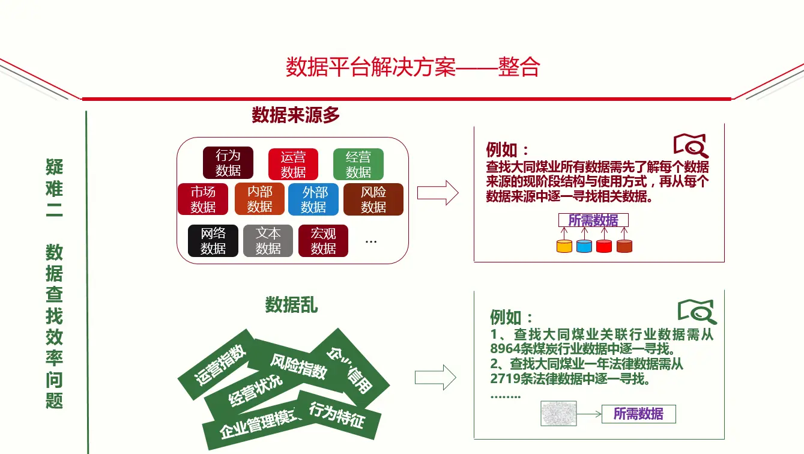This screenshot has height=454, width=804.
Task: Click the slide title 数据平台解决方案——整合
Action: coord(413,67)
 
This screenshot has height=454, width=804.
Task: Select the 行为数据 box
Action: coord(228,163)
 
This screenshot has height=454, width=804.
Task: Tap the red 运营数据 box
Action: coord(293,165)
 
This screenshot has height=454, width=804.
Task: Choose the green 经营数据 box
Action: coord(358,165)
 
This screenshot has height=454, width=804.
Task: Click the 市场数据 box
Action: coord(203,199)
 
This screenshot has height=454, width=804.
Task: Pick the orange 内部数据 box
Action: coord(259,199)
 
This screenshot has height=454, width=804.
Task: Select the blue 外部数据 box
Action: coord(313,199)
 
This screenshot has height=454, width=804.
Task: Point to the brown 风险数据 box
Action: coord(373,199)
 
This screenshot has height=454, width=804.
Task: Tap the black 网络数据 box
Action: coord(213,241)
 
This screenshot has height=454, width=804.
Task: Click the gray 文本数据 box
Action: coord(268,241)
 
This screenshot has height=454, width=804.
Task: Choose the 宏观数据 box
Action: coord(323,241)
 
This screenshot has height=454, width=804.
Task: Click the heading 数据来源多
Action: coord(295,115)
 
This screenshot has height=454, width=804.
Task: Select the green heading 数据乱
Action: coord(291,305)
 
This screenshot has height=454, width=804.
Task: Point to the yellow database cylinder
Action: coord(564,246)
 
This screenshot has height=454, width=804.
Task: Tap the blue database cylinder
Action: coord(584,246)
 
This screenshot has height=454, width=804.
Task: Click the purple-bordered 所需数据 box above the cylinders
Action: coord(593,220)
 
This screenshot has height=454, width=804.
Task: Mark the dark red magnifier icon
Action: coord(691,145)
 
